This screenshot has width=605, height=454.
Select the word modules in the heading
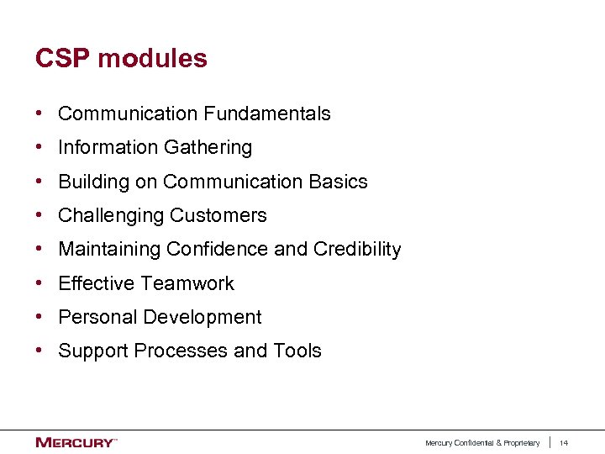[x=152, y=59]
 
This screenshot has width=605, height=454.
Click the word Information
[x=105, y=147]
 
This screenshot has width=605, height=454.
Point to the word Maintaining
[x=109, y=250]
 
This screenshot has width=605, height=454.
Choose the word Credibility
[x=357, y=250]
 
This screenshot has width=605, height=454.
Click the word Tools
[x=297, y=351]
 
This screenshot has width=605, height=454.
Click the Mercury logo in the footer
[x=75, y=442]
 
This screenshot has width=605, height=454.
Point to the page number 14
[x=564, y=443]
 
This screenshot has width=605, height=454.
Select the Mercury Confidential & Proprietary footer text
[x=482, y=443]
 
